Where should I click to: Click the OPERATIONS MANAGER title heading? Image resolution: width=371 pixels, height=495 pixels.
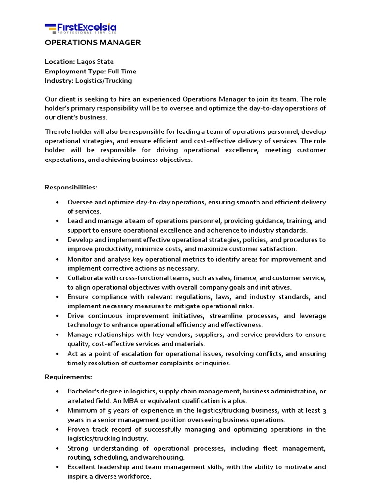click(x=93, y=43)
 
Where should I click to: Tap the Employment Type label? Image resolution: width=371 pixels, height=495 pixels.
click(x=75, y=72)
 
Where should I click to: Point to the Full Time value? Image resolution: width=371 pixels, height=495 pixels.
click(x=122, y=72)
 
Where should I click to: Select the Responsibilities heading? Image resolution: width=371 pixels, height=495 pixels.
click(x=71, y=187)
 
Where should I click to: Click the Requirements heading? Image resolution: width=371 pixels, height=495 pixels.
click(x=68, y=377)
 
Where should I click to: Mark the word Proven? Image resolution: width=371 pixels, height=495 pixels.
click(x=78, y=429)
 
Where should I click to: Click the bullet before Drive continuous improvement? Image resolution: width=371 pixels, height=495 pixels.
click(x=57, y=316)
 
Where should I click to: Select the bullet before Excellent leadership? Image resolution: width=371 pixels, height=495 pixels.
click(x=57, y=467)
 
